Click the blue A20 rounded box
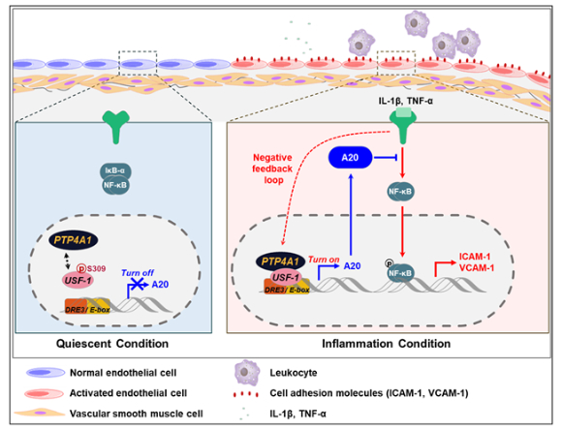(x=350, y=157)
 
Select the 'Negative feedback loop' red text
(x=272, y=169)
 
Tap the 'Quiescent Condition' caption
(x=112, y=344)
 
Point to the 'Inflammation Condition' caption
(x=386, y=344)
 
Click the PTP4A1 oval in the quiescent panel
(x=74, y=240)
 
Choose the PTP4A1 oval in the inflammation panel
(x=280, y=261)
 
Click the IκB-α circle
(x=115, y=171)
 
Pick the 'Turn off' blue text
(x=138, y=273)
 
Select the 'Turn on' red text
(x=324, y=260)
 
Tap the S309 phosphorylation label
(x=92, y=268)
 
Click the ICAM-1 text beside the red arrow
(x=475, y=257)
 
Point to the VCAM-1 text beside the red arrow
(x=477, y=267)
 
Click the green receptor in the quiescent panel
(x=115, y=127)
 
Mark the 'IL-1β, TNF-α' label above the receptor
(x=406, y=101)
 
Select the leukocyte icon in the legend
(x=247, y=373)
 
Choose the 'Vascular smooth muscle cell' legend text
(x=137, y=414)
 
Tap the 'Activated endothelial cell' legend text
(x=128, y=393)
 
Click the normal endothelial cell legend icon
(x=46, y=373)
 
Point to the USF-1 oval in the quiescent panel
(x=78, y=280)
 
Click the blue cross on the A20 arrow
(x=138, y=284)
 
